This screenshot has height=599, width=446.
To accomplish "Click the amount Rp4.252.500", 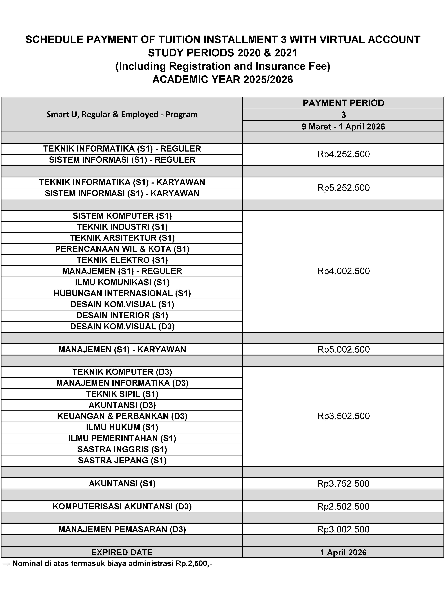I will click(343, 154).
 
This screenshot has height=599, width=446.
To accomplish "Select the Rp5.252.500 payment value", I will click(343, 188).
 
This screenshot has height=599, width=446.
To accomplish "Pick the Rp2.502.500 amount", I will click(343, 506).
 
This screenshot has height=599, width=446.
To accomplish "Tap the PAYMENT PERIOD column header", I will click(343, 103).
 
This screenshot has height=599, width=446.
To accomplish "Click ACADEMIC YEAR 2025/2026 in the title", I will click(223, 79).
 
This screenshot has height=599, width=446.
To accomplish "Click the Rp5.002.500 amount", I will click(343, 349).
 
